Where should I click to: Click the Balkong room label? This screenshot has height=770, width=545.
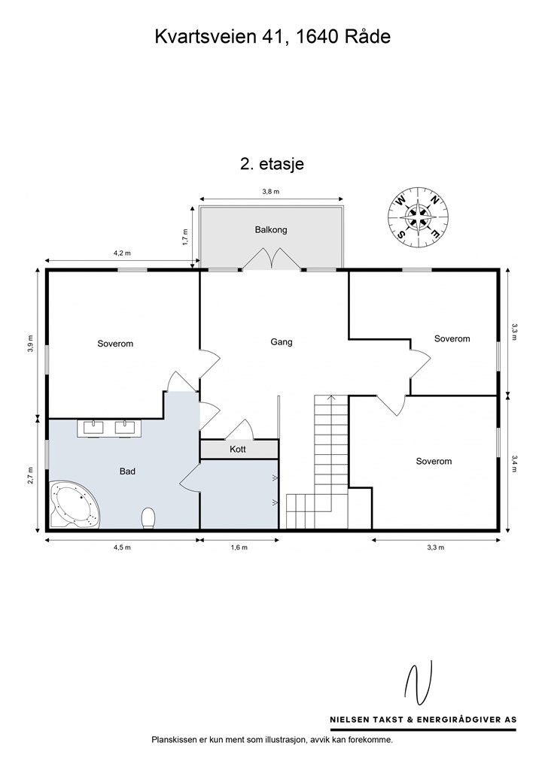pos(271,229)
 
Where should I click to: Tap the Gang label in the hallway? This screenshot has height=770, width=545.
pos(282,342)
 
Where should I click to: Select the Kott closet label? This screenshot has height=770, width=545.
pos(238,449)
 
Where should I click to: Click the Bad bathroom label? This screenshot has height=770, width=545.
pos(127,471)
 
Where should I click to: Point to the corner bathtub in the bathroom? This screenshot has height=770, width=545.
pos(75,505)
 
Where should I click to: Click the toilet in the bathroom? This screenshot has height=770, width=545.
pos(148,519)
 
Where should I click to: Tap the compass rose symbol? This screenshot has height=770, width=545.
pos(418,217)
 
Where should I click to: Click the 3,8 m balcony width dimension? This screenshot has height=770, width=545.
pos(271,192)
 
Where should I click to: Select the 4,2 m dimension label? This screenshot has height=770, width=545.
pos(122,253)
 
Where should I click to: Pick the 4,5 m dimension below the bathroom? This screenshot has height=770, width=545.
pos(122,547)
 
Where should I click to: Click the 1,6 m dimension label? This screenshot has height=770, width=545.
pos(239,547)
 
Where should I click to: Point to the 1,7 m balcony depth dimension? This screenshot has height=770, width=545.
pos(184,238)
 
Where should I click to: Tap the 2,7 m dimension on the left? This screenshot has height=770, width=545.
pos(30,475)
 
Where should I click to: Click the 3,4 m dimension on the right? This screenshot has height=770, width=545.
pos(515,463)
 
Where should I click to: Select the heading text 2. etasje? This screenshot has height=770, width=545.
pos(272,163)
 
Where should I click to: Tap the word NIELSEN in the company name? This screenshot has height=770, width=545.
pos(349,720)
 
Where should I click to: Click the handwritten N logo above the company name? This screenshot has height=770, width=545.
pos(419,683)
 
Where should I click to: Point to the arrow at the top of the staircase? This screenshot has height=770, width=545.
pos(332,398)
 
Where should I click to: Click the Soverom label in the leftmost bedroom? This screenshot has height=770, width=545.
pos(115,344)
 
